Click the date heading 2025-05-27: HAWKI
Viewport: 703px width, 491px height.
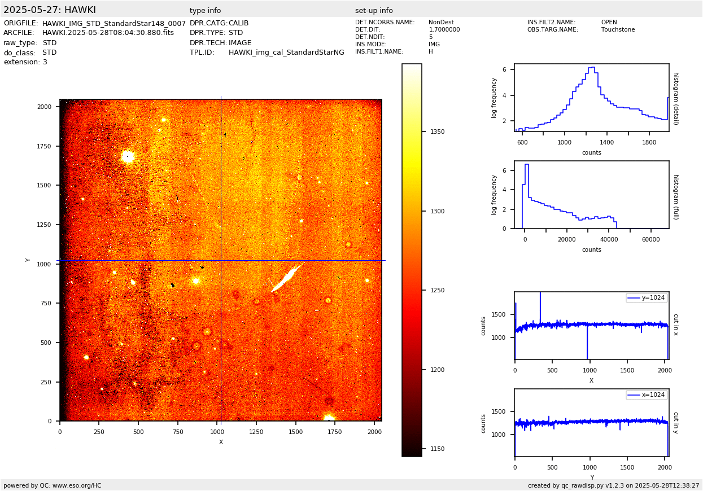tap(50, 10)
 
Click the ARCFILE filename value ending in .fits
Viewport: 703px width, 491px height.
tap(108, 33)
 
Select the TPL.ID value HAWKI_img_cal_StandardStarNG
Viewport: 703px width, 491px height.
tap(286, 52)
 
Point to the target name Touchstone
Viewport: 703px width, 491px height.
tap(618, 30)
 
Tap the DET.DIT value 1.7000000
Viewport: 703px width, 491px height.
tap(444, 30)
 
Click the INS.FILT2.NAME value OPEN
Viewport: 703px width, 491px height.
tap(609, 23)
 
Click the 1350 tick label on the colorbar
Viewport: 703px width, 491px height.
tap(437, 132)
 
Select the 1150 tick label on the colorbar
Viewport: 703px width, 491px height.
tap(437, 449)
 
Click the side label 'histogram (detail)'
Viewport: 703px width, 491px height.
tap(675, 98)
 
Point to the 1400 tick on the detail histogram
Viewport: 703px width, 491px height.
tap(606, 142)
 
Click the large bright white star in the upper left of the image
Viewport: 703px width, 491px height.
tap(128, 156)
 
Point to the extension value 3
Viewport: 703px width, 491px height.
tap(45, 62)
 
